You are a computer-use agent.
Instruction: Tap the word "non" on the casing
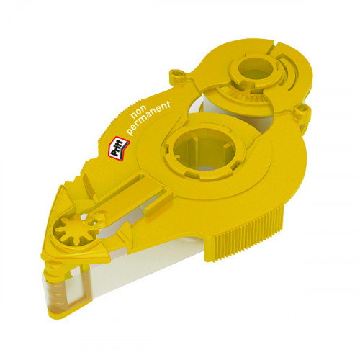click(x=138, y=113)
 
